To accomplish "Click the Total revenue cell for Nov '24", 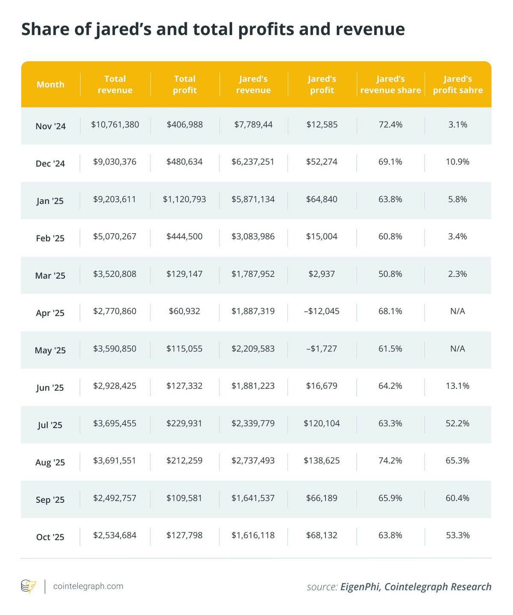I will point(115,125).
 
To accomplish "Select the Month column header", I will point(50,85).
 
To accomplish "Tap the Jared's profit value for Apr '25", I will point(321,311).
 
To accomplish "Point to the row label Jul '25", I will point(50,425).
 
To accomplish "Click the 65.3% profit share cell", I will point(457,461).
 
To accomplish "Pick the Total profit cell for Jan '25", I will point(184,199).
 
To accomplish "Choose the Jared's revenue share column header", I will point(390,85).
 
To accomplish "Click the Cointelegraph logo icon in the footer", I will point(29,586).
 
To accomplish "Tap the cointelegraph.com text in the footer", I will point(88,586).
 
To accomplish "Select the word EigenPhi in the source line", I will point(360,587).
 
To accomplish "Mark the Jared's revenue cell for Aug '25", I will point(253,461).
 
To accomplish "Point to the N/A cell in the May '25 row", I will point(457,349).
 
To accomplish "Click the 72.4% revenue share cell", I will point(390,125).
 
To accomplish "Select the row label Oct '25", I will point(50,537).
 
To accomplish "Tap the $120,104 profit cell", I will point(321,423).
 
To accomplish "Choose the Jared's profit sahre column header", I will point(457,85).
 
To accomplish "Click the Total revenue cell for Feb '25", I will point(115,237).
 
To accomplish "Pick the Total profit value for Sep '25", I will point(184,498).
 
